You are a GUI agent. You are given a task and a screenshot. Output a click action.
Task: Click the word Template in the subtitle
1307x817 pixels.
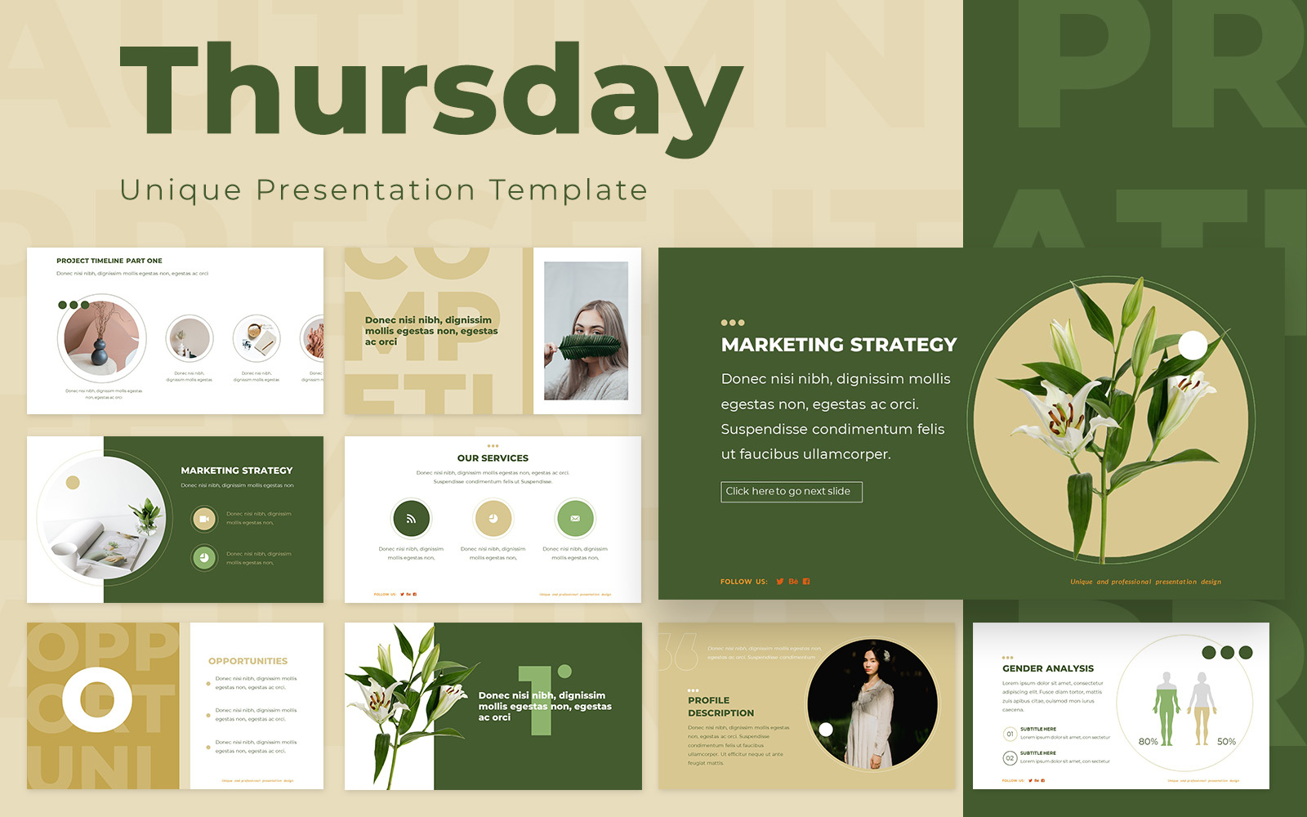[x=569, y=190]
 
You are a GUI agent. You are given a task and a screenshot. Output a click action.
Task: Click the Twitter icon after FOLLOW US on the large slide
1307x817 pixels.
[x=780, y=582]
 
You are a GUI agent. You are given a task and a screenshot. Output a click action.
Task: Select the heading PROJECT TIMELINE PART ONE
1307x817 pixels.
[x=109, y=261]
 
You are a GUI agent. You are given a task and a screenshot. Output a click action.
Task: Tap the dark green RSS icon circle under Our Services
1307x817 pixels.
[x=412, y=518]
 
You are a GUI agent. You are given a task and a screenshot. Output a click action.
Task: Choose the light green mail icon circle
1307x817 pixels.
[x=575, y=518]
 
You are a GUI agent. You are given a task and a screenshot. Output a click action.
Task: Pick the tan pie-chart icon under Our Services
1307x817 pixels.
[x=493, y=518]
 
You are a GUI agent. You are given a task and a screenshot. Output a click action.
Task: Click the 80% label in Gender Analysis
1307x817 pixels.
[x=1148, y=742]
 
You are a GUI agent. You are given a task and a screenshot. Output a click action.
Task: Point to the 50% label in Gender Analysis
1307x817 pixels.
[x=1226, y=742]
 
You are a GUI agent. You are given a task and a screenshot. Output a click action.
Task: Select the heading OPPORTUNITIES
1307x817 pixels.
[x=248, y=661]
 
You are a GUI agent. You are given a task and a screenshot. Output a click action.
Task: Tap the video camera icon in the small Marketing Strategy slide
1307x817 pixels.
[x=204, y=519]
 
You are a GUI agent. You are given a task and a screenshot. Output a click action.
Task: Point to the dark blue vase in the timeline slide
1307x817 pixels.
[x=100, y=352]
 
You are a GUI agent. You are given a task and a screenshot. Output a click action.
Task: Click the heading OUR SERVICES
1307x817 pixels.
[x=493, y=458]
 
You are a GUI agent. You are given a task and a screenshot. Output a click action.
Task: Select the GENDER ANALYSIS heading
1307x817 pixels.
[x=1048, y=668]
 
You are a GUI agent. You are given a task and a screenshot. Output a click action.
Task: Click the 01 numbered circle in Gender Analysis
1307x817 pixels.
[x=1010, y=734]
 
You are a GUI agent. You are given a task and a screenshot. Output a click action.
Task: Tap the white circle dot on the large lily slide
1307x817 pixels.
[x=1193, y=346]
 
